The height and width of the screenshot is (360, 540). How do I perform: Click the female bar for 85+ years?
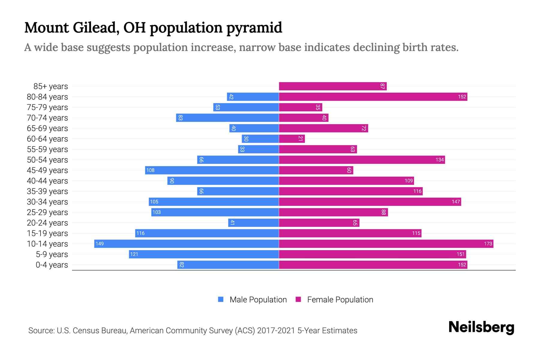[332, 86]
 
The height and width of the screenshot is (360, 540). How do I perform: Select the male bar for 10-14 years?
[187, 244]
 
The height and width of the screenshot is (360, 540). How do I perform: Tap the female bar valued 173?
[386, 244]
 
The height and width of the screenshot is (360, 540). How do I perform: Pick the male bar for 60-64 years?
[260, 139]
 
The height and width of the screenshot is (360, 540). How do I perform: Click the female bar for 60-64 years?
[292, 139]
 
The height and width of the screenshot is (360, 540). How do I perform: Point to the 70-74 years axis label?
[47, 118]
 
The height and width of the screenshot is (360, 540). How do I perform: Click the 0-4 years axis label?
[52, 265]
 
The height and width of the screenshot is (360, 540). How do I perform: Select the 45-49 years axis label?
[47, 170]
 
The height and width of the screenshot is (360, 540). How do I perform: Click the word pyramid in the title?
[254, 28]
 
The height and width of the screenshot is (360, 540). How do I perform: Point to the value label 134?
[439, 160]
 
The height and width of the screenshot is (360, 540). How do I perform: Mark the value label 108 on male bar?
[150, 170]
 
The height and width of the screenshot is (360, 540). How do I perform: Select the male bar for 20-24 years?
[253, 223]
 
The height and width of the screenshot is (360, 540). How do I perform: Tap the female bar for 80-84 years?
[373, 97]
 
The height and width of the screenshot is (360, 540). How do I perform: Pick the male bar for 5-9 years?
[204, 254]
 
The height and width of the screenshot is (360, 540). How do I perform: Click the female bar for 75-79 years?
[300, 107]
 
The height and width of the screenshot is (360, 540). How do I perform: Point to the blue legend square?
[221, 299]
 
